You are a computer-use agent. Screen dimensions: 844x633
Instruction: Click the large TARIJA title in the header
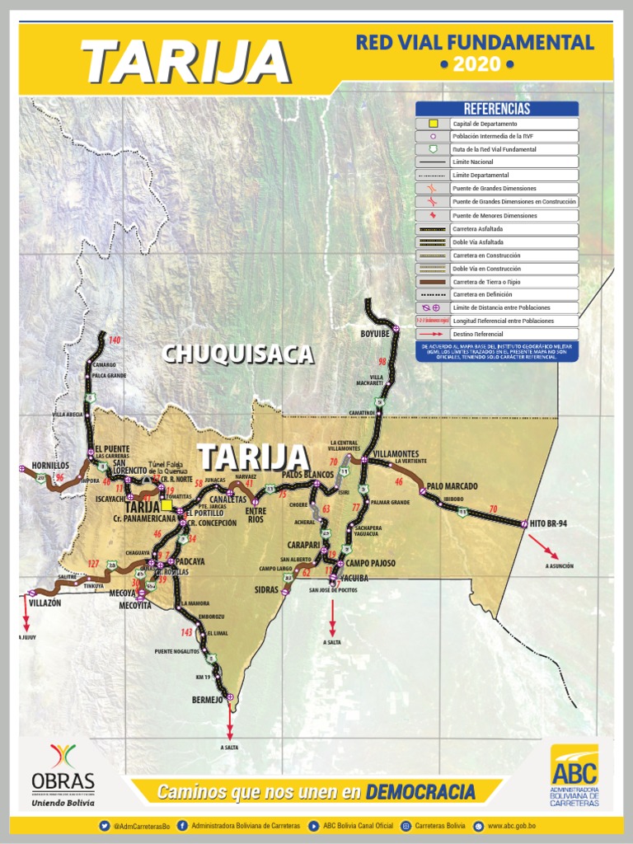(x=185, y=62)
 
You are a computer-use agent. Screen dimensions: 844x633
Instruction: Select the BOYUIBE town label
(x=374, y=335)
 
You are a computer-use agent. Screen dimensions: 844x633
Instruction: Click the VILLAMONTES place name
(x=396, y=454)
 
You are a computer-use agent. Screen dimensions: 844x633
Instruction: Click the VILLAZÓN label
(x=45, y=603)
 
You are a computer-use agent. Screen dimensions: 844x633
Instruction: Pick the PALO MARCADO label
(x=452, y=486)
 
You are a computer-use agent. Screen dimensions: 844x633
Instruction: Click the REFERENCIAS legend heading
(x=497, y=109)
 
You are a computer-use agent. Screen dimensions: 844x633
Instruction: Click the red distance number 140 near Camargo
(x=115, y=340)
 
